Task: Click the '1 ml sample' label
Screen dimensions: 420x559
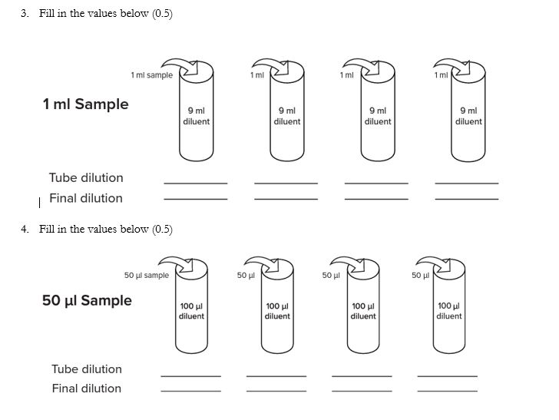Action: pyautogui.click(x=151, y=75)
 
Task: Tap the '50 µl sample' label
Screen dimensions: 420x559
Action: pyautogui.click(x=146, y=275)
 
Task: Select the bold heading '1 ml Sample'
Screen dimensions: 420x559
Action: pyautogui.click(x=85, y=104)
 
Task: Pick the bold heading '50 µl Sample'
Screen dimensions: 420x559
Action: pyautogui.click(x=87, y=300)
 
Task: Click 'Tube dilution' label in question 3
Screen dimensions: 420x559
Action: pyautogui.click(x=86, y=177)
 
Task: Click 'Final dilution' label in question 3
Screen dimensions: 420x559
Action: pyautogui.click(x=86, y=198)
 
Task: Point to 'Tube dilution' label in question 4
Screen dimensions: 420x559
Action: pyautogui.click(x=87, y=369)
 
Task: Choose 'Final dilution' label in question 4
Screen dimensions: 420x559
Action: pyautogui.click(x=87, y=389)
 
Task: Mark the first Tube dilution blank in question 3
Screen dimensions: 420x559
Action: pyautogui.click(x=196, y=182)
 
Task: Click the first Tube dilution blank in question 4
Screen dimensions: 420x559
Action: pyautogui.click(x=190, y=375)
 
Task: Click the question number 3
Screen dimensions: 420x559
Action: pyautogui.click(x=25, y=14)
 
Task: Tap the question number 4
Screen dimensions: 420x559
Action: pyautogui.click(x=25, y=229)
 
